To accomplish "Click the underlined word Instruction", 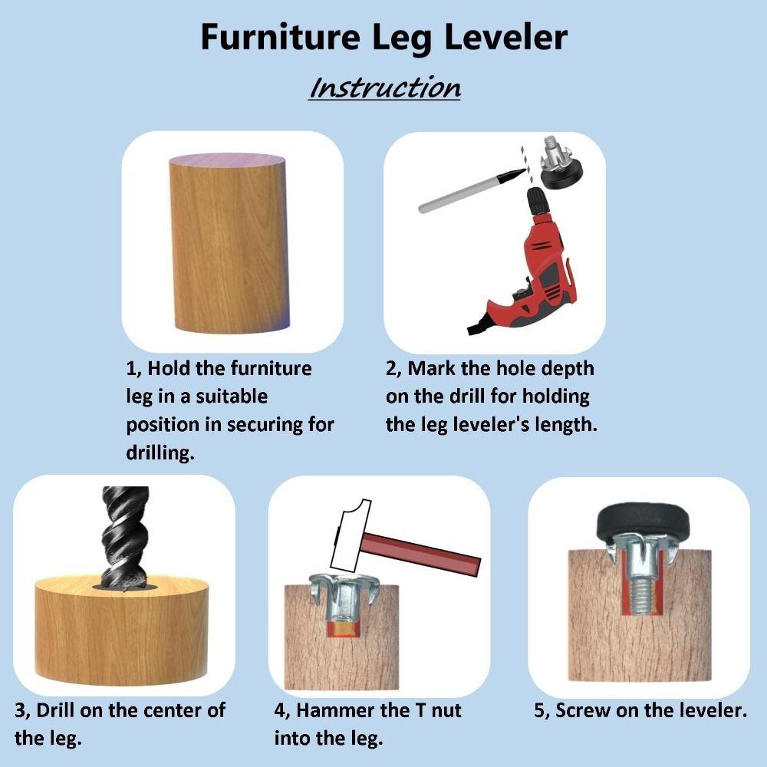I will [x=384, y=87].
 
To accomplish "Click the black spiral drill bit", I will [x=123, y=537].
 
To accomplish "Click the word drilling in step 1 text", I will [x=160, y=453].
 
